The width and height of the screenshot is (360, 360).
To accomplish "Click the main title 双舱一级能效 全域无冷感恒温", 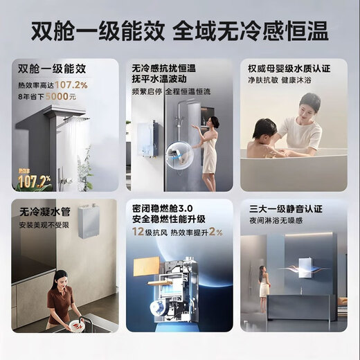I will [180, 30].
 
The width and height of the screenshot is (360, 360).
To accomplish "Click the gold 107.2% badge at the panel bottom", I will [34, 181].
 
